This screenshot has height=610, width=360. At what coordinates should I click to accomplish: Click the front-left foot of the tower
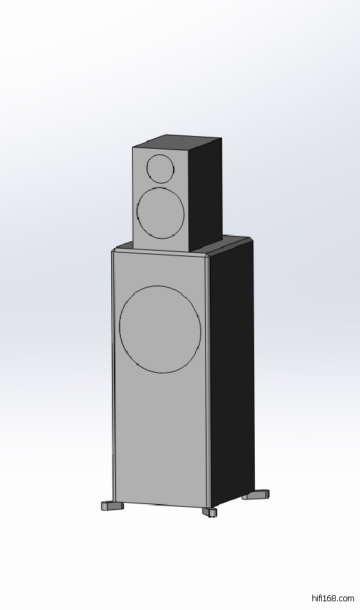tap(112, 505)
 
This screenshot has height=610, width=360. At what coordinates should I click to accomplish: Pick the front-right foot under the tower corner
tap(210, 512)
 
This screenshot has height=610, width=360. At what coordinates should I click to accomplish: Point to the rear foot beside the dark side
tap(255, 495)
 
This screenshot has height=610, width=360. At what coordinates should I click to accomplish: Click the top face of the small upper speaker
tap(177, 142)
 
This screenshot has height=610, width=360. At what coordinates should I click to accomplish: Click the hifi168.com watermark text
tap(333, 599)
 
